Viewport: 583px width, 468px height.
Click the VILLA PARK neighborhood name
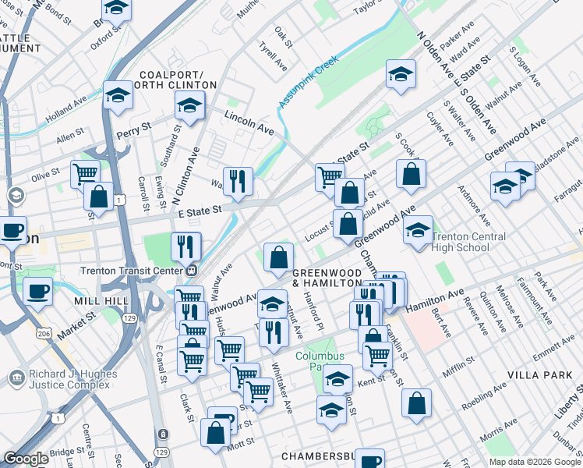539,375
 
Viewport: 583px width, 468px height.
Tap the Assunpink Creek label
309,80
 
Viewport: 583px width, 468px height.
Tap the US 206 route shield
44,333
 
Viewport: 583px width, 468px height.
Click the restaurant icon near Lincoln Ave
238,181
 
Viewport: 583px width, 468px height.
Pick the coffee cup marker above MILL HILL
38,292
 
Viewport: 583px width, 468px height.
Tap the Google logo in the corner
25,459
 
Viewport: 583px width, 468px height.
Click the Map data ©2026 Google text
534,462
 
